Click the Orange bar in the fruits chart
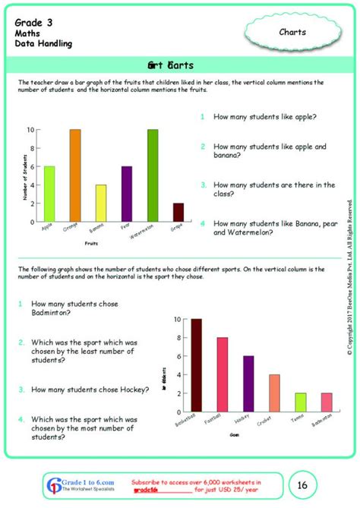click(x=74, y=174)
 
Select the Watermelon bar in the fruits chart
click(x=152, y=174)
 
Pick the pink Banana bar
click(x=100, y=202)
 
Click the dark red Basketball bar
click(x=197, y=365)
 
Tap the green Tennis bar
click(x=300, y=402)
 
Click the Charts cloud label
click(x=292, y=32)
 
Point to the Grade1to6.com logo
click(x=74, y=484)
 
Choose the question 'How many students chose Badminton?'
click(x=74, y=308)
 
